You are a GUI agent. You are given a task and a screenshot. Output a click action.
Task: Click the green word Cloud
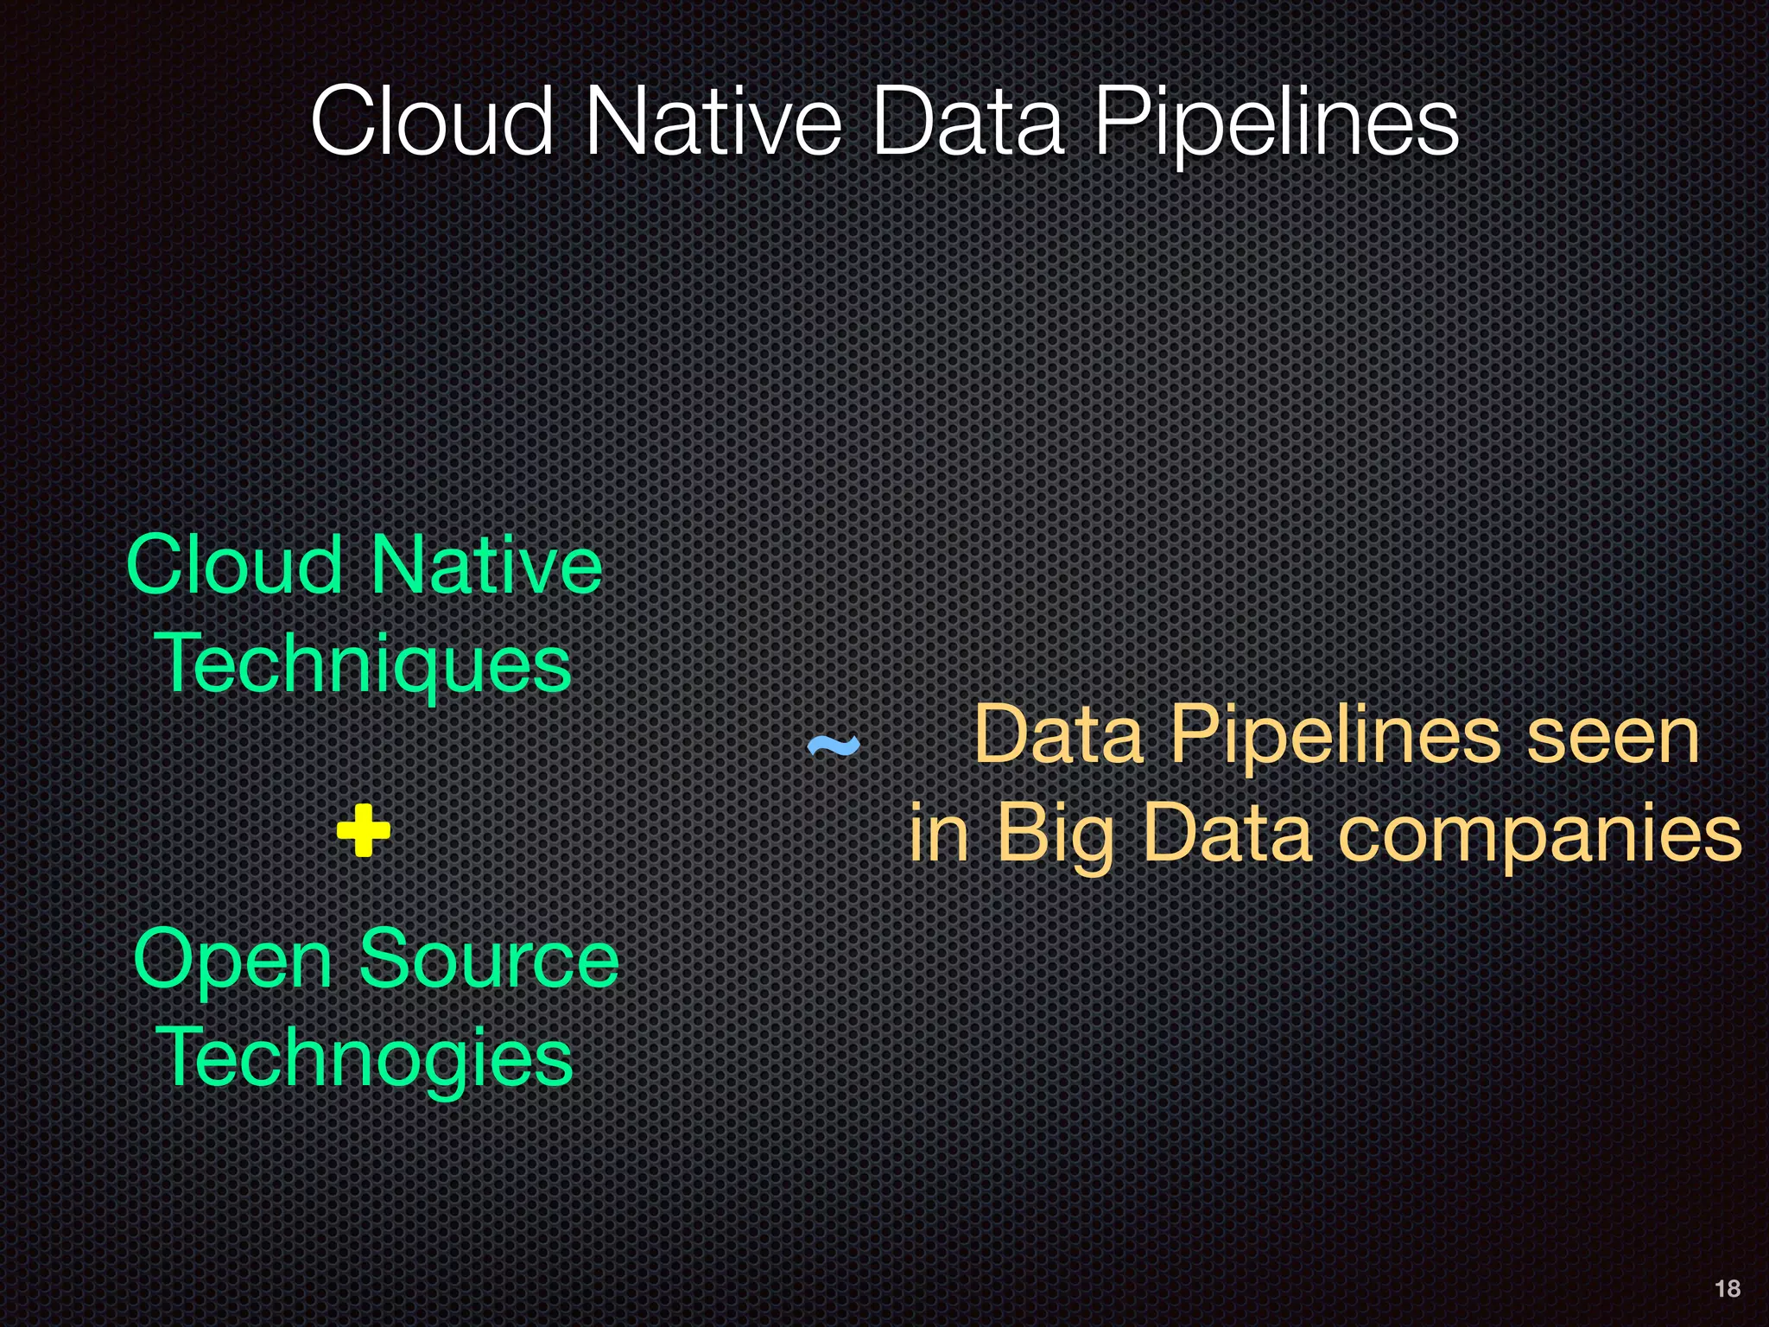click(x=234, y=565)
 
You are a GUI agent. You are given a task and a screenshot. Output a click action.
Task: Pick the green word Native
click(x=485, y=565)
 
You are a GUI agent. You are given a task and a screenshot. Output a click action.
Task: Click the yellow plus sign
click(x=363, y=830)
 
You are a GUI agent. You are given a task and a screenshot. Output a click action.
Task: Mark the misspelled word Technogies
click(x=364, y=1059)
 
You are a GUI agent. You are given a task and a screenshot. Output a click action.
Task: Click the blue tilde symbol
click(x=833, y=745)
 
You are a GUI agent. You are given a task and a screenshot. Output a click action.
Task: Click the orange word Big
click(x=1054, y=835)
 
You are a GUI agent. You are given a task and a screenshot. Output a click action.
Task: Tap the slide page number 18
click(x=1727, y=1289)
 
